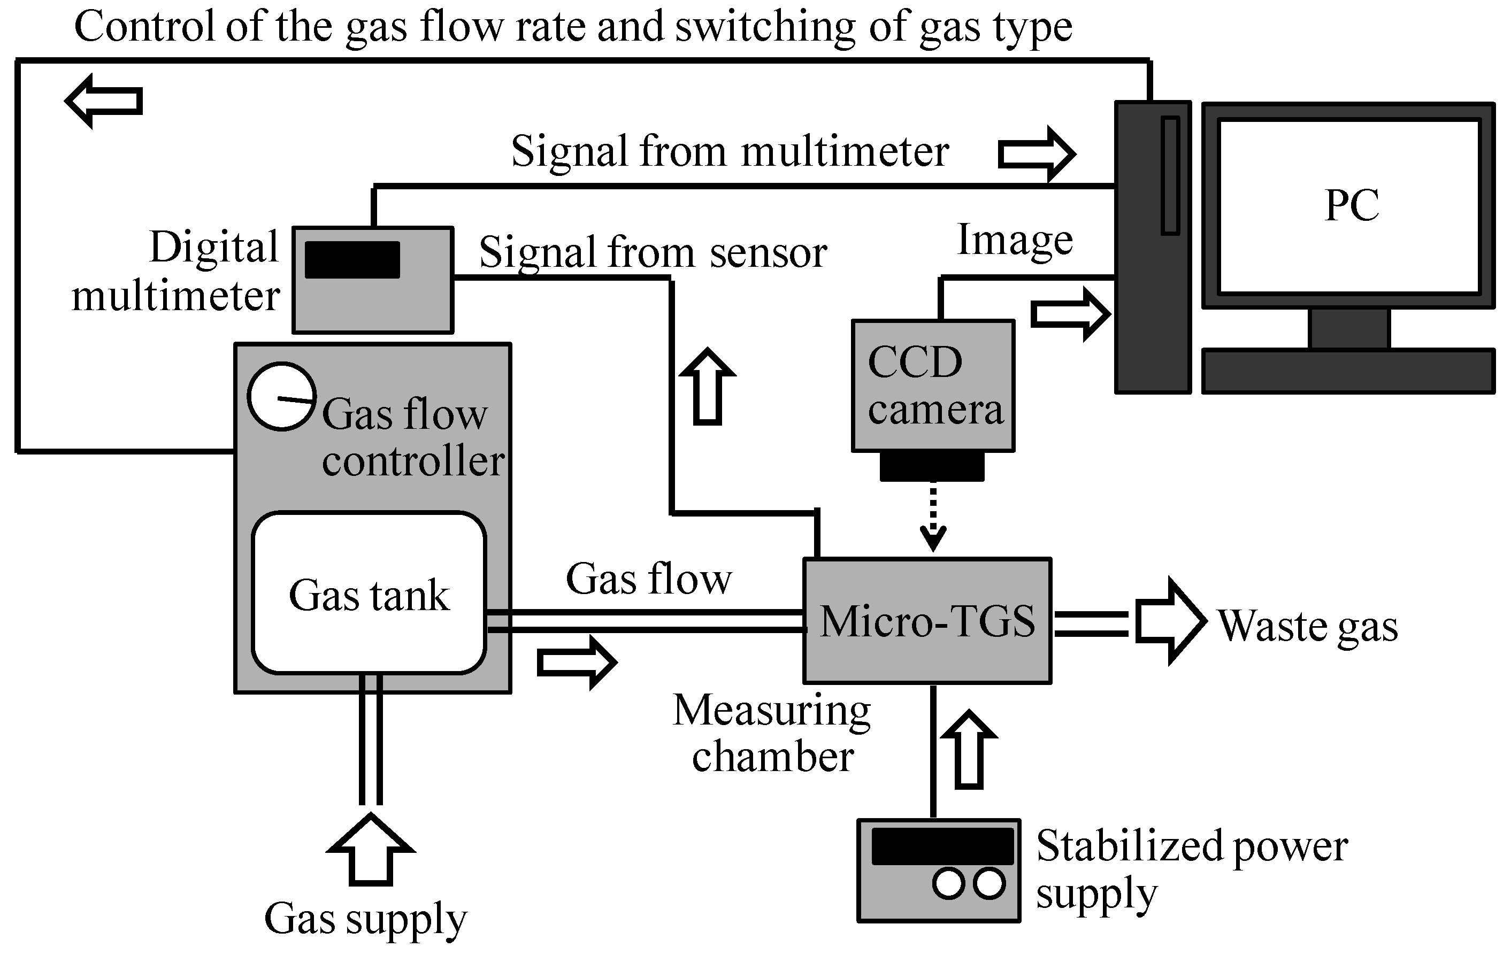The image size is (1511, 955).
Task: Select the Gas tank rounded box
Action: [x=369, y=594]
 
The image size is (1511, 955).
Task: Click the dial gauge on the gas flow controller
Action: [x=281, y=397]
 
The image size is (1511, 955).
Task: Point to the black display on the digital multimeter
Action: [x=352, y=260]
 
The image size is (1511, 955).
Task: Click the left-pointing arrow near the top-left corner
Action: [x=104, y=101]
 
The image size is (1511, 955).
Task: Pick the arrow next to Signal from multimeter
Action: [x=1036, y=153]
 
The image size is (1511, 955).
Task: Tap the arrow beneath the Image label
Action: [x=1070, y=314]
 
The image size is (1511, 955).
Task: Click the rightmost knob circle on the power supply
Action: [x=989, y=883]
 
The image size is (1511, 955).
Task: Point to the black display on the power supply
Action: [x=942, y=846]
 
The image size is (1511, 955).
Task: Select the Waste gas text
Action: [x=1308, y=626]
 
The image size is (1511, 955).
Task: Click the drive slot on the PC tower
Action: [x=1170, y=176]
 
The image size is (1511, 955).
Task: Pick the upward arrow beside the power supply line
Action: [x=970, y=750]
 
